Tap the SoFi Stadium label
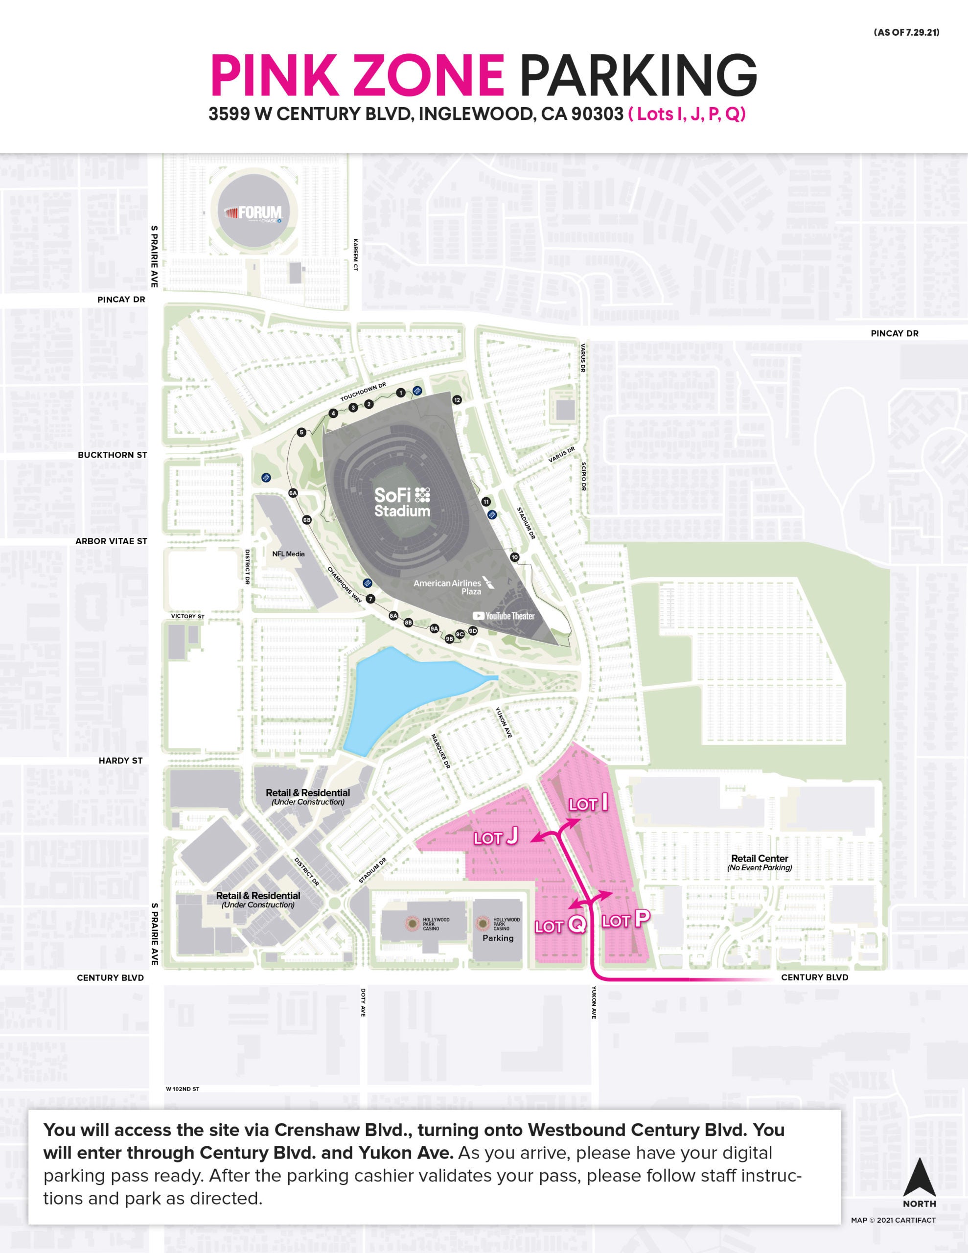click(x=402, y=503)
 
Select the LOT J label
click(x=496, y=837)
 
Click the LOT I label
click(x=589, y=804)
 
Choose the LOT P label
click(x=625, y=920)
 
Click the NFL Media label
click(x=288, y=554)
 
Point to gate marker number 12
click(x=457, y=400)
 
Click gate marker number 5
click(x=301, y=433)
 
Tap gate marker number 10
click(x=514, y=557)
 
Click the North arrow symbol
click(x=919, y=1177)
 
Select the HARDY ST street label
click(x=120, y=761)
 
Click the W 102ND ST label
click(x=183, y=1089)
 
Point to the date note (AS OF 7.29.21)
click(x=906, y=33)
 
